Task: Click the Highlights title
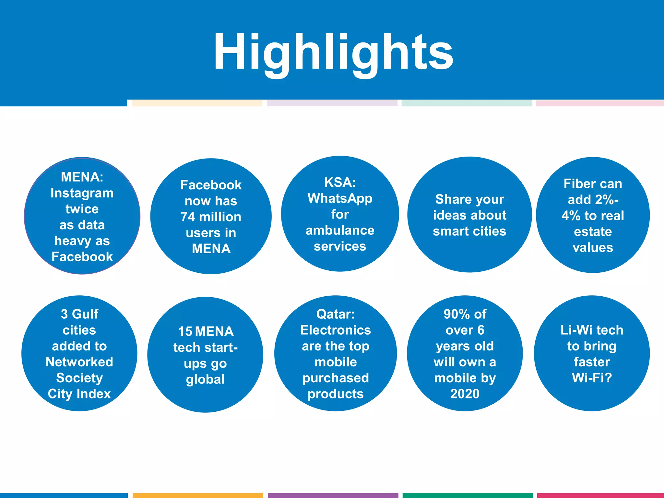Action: click(x=333, y=52)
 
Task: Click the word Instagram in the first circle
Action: click(x=82, y=193)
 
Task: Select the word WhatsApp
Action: click(x=340, y=198)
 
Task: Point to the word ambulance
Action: click(x=340, y=231)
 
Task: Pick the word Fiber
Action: click(x=576, y=184)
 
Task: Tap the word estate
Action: click(x=593, y=232)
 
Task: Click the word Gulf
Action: click(x=85, y=314)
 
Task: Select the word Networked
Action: click(x=79, y=362)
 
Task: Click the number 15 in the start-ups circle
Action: click(x=185, y=332)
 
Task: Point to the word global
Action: click(x=205, y=379)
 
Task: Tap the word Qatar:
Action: click(x=336, y=314)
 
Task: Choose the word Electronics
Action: click(x=336, y=330)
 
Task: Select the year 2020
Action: click(x=465, y=394)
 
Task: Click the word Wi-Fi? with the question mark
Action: click(x=592, y=378)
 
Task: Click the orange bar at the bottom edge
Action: click(x=198, y=495)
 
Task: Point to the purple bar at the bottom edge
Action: click(x=333, y=495)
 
